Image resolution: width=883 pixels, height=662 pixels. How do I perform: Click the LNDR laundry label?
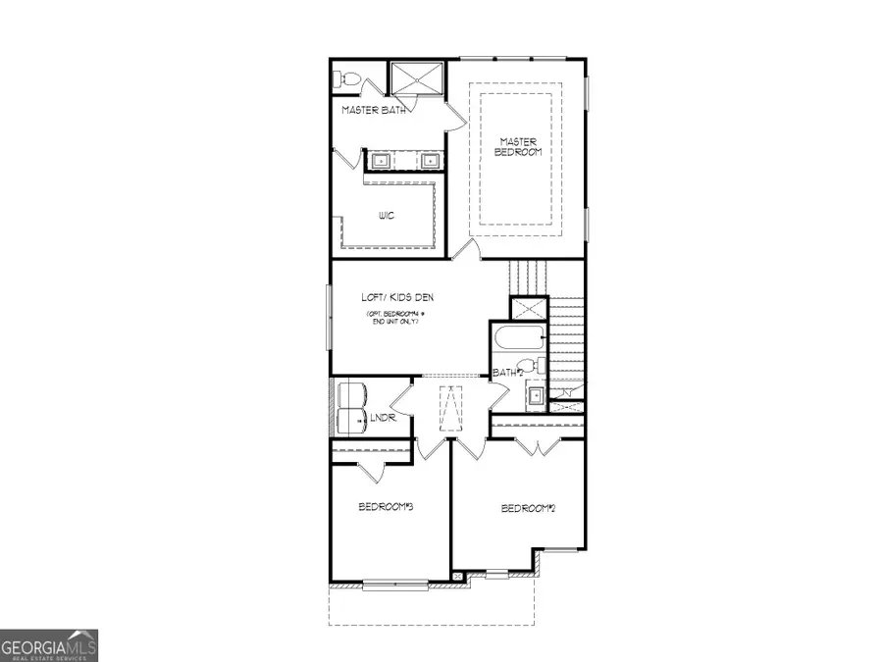point(382,419)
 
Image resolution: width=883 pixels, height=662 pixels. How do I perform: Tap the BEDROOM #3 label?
point(384,507)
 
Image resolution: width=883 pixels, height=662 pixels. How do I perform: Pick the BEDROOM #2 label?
point(529,508)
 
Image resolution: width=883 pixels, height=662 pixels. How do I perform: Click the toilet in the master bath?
point(348,77)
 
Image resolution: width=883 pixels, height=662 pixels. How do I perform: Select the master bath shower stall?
point(416,78)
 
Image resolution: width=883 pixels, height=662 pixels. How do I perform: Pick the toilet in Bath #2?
point(530,366)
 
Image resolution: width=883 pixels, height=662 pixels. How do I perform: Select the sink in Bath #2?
point(536,396)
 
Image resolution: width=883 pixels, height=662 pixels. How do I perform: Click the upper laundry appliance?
point(351,395)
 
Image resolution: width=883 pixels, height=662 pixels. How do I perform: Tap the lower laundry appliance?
point(351,422)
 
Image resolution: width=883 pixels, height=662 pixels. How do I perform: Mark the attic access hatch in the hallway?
point(452,407)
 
